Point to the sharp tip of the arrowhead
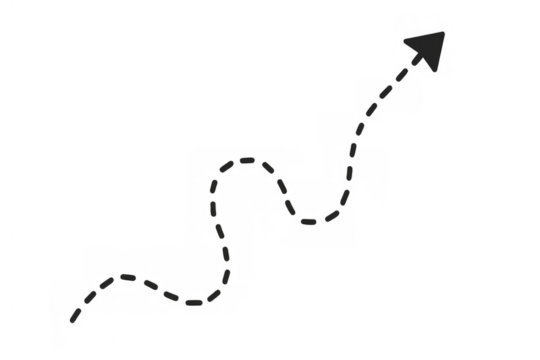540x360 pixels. [x=446, y=31]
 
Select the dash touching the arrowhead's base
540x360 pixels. [x=401, y=75]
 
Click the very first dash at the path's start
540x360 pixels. [x=75, y=317]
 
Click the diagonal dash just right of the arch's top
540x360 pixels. [x=268, y=167]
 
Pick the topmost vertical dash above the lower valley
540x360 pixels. [x=219, y=231]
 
